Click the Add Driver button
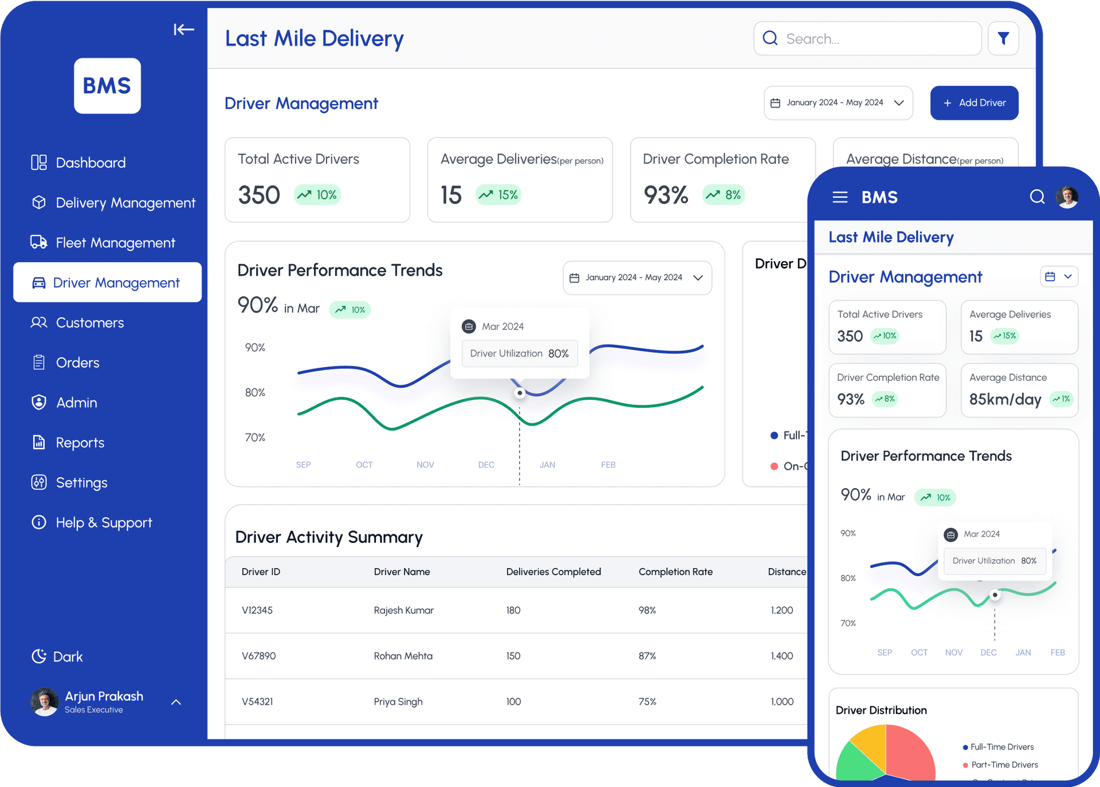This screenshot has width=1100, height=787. click(974, 103)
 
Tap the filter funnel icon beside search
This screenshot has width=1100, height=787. click(1003, 38)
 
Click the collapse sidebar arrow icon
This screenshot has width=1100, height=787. click(184, 29)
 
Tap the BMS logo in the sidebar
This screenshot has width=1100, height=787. click(107, 86)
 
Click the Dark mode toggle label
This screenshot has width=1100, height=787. click(68, 656)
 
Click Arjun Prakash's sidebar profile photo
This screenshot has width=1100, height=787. click(45, 702)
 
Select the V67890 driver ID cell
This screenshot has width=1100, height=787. click(259, 656)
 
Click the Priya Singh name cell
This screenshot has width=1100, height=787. click(398, 702)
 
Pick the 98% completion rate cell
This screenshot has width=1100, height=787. click(647, 610)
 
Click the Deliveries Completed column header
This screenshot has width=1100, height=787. click(553, 572)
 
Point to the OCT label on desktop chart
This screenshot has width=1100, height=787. click(364, 465)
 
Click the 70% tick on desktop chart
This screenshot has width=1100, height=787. click(255, 438)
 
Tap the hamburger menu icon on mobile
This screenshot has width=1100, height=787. click(840, 198)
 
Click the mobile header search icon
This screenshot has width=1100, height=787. click(1037, 197)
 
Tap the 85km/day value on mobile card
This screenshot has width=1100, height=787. click(1005, 399)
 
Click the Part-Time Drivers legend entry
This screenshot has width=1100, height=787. click(1004, 765)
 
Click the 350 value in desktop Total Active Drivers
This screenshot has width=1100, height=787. click(259, 195)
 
